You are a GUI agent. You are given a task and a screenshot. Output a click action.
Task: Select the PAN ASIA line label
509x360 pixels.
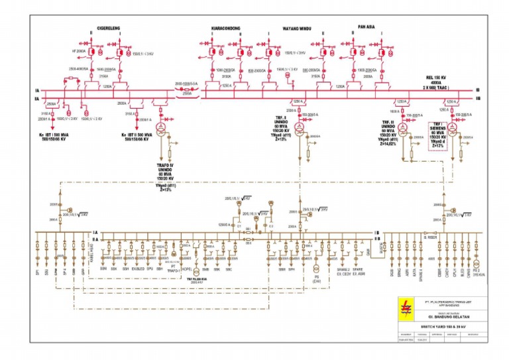coord(367,27)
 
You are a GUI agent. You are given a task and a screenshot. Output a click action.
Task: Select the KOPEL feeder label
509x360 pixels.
coord(187,270)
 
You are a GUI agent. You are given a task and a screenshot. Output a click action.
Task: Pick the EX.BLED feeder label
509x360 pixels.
coord(138,270)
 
